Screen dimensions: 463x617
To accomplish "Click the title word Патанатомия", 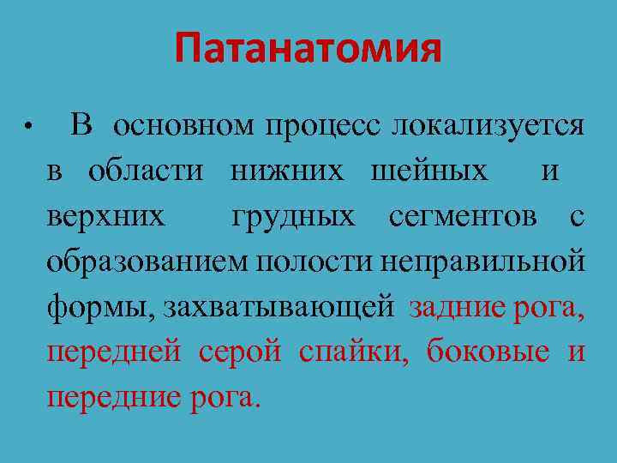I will coord(308,49).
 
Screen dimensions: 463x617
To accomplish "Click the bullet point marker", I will coord(28,127).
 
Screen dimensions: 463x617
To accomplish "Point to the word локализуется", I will coord(488,125).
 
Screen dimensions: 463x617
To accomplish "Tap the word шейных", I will coord(428,171).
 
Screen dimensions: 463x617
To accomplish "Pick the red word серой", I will coord(240,352).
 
